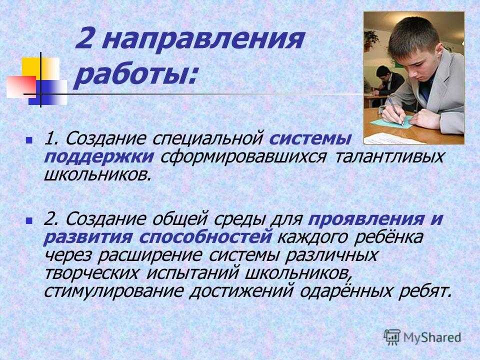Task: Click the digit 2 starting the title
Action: click(86, 38)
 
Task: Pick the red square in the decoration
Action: click(21, 86)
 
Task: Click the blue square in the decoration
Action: click(48, 92)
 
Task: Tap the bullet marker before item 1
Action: click(29, 140)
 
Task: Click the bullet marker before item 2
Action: click(29, 220)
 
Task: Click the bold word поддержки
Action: click(98, 157)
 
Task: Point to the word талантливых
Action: click(389, 157)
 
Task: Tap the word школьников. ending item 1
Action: click(97, 175)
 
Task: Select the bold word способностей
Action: click(205, 237)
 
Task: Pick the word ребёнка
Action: click(388, 237)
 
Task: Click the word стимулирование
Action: click(113, 291)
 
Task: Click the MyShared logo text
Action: click(432, 337)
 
